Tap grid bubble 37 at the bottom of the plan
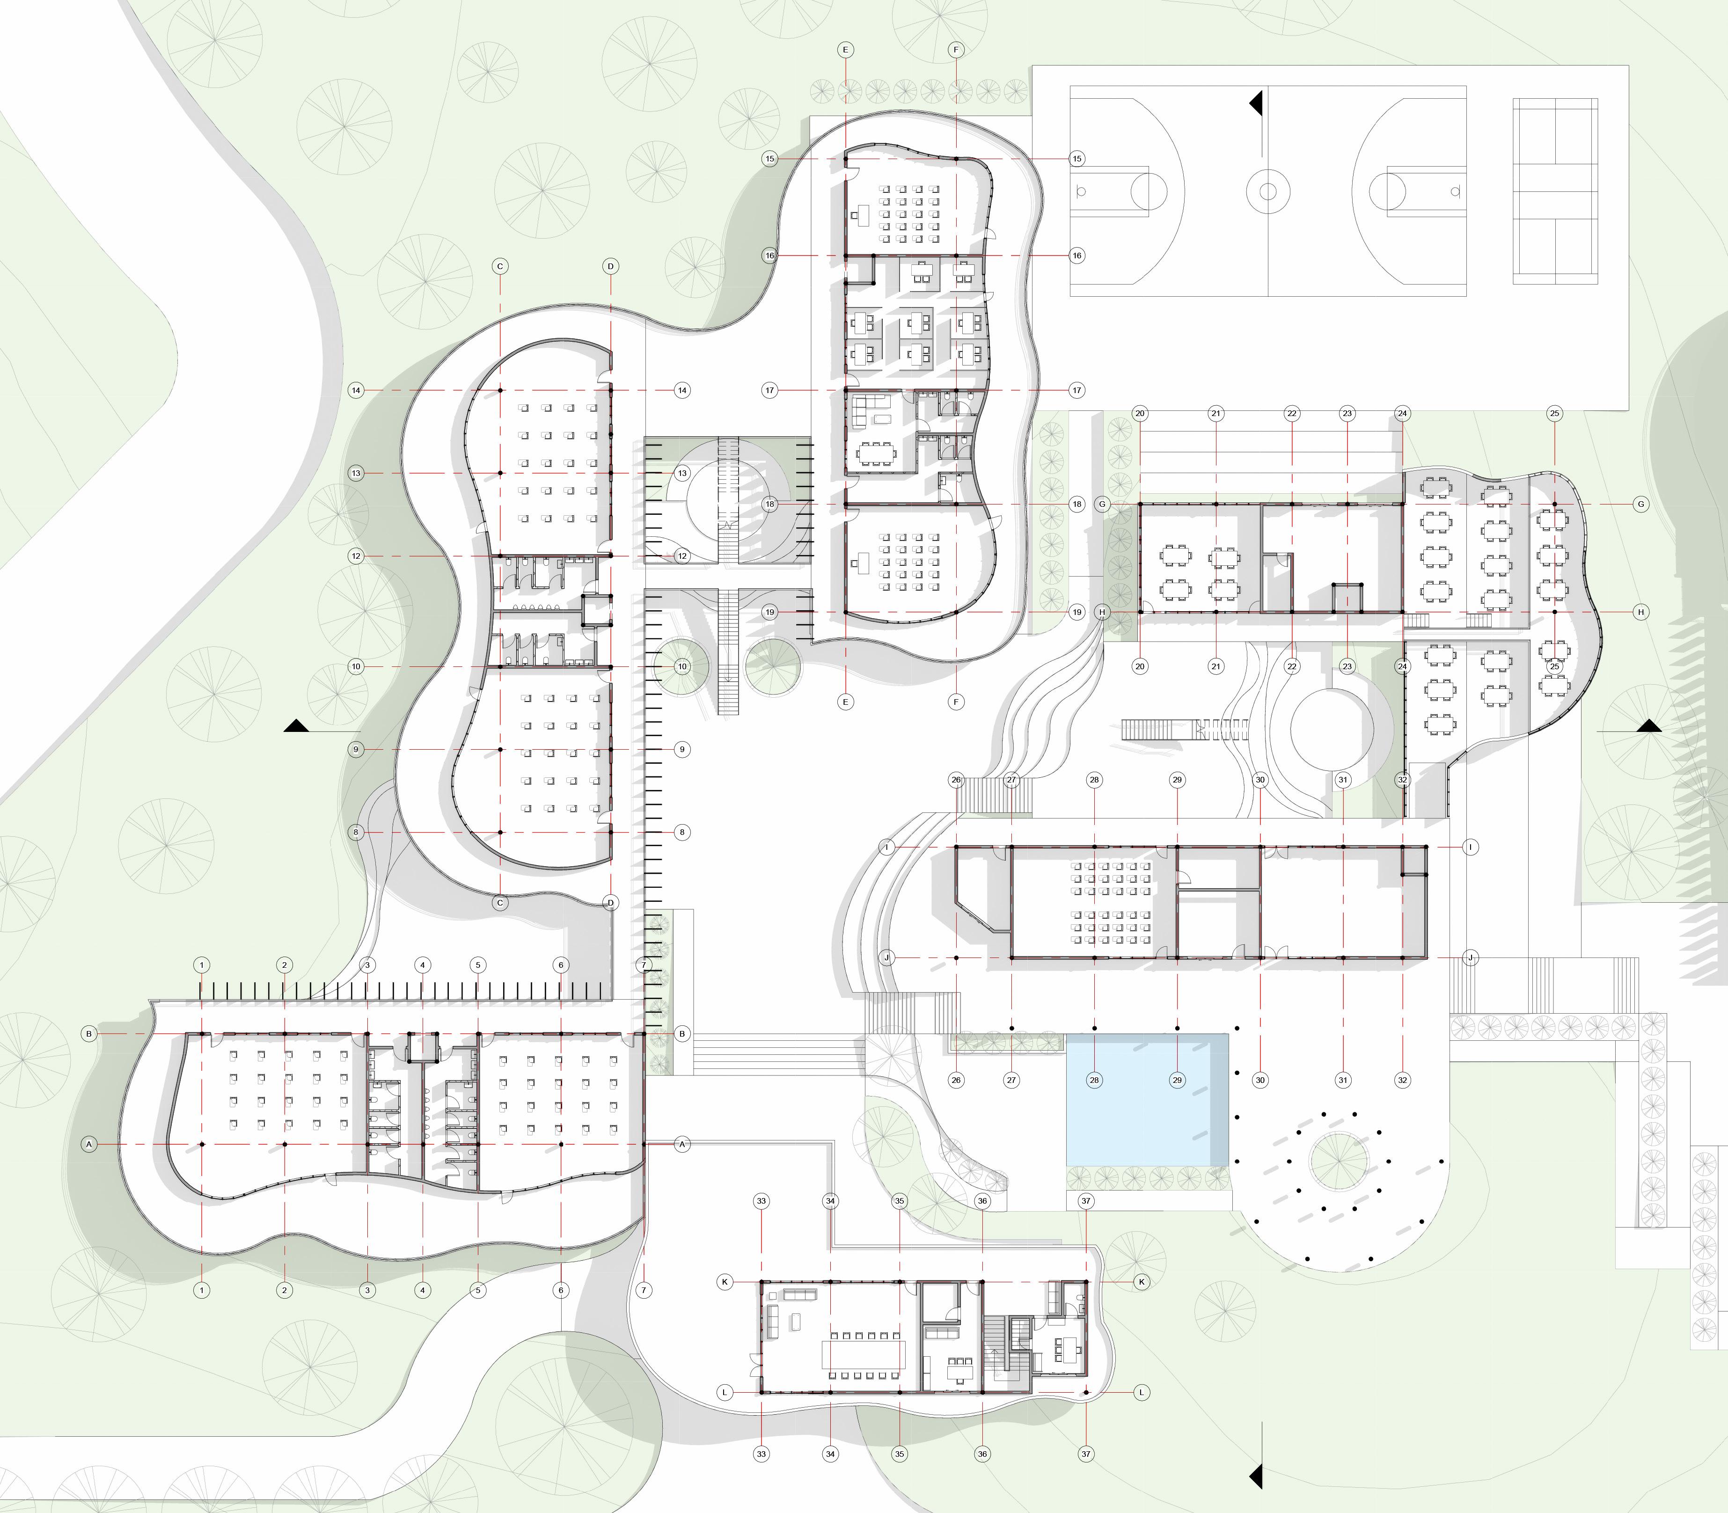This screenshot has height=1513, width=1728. pyautogui.click(x=1086, y=1454)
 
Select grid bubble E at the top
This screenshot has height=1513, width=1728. pyautogui.click(x=845, y=50)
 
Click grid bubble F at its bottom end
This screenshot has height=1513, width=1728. pyautogui.click(x=956, y=702)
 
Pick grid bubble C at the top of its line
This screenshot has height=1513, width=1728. pyautogui.click(x=500, y=266)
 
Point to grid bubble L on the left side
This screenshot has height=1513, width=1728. pyautogui.click(x=725, y=1392)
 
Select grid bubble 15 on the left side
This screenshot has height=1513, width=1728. pyautogui.click(x=769, y=159)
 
